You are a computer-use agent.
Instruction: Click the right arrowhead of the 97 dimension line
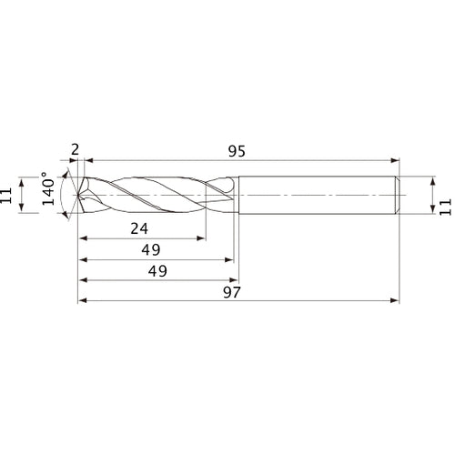(397, 299)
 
